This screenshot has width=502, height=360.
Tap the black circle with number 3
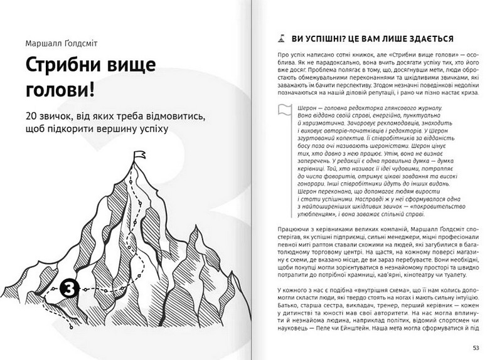(x=71, y=290)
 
